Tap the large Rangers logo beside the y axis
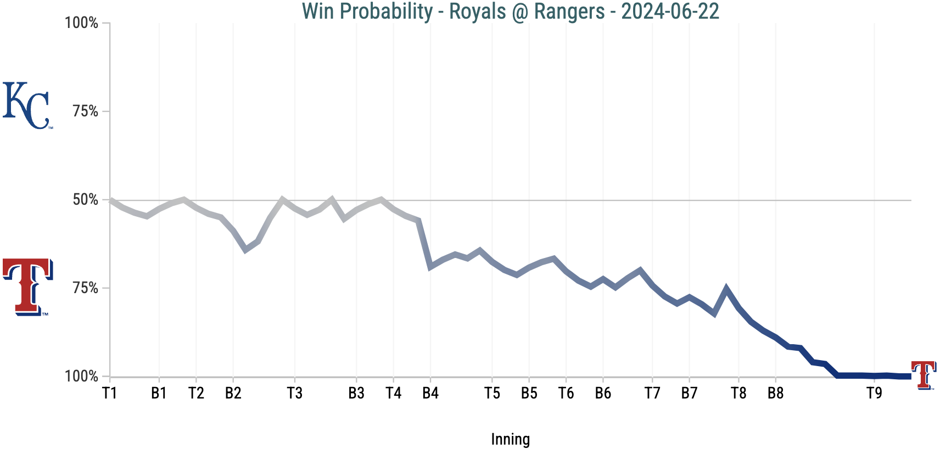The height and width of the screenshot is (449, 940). [27, 287]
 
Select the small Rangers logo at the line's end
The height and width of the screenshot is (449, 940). [924, 375]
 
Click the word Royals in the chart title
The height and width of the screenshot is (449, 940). [477, 11]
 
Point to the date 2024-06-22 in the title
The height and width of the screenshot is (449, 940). [670, 11]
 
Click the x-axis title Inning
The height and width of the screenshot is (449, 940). [510, 439]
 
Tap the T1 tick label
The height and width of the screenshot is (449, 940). [110, 393]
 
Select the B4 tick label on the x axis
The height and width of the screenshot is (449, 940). [430, 393]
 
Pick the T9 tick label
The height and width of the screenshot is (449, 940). [874, 393]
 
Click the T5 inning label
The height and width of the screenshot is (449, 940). [492, 393]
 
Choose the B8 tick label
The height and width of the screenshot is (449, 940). [775, 393]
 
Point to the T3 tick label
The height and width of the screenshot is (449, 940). [295, 393]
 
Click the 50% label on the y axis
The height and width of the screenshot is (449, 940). [85, 200]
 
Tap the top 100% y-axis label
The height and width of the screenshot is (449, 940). [81, 23]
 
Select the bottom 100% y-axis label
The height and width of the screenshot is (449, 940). [81, 377]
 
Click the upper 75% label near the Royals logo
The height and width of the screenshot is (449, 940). [85, 111]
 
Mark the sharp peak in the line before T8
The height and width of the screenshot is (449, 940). [726, 288]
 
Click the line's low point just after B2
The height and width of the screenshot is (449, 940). [245, 250]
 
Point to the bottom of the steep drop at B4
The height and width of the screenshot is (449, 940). [430, 267]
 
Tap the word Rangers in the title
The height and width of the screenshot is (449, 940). [569, 11]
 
